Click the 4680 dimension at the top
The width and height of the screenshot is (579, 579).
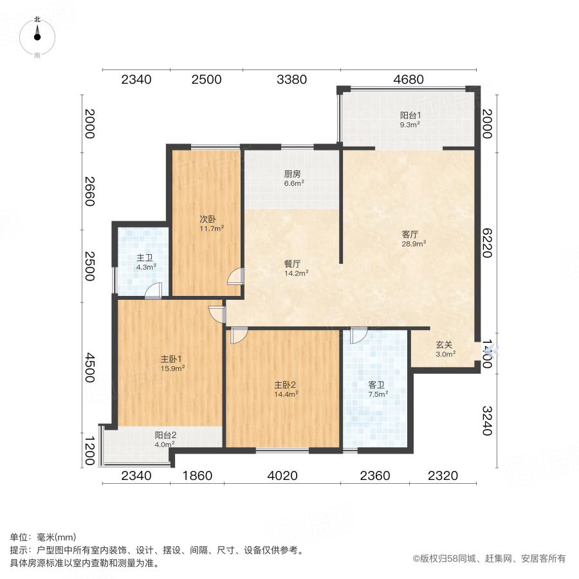pos(408,80)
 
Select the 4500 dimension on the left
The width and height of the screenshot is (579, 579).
pos(91,368)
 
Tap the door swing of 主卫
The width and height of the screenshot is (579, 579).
pos(153,291)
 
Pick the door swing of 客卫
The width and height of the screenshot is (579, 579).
pos(358,334)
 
